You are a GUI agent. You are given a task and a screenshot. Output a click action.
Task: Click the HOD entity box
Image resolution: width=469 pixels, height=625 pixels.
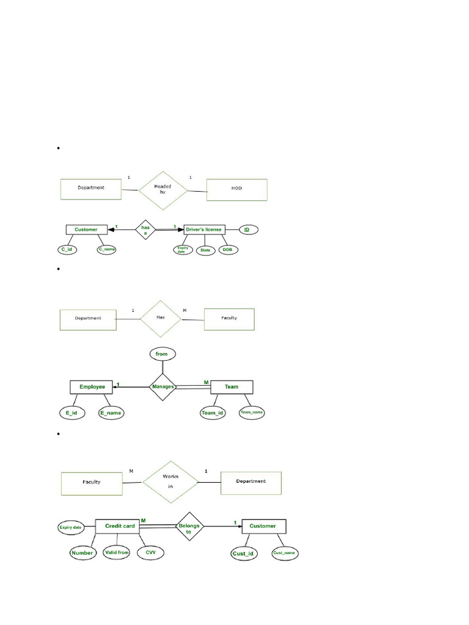coord(237,189)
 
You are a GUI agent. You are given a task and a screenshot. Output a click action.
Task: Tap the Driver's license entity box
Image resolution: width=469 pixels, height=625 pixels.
coord(201,229)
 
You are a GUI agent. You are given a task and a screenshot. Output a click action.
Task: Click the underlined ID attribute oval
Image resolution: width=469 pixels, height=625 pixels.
coord(247,229)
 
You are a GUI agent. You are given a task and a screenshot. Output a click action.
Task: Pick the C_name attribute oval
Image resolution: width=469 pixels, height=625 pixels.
coord(106,250)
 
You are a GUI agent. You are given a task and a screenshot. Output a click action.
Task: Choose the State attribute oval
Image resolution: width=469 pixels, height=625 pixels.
coord(205,250)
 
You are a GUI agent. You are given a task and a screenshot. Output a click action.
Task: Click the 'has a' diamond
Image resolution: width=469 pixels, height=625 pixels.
coord(145,230)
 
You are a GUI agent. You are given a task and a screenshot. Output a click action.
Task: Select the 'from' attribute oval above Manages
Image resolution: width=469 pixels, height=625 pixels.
coord(162,353)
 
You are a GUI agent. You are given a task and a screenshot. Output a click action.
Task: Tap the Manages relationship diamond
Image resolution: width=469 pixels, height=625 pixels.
coord(163,386)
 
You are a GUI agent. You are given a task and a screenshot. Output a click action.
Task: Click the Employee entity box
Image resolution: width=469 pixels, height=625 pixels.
coord(92,386)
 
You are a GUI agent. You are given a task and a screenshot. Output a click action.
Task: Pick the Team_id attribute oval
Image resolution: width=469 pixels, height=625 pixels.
coord(213,413)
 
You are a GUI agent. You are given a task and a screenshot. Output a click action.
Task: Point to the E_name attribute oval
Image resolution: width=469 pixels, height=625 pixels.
coord(111,413)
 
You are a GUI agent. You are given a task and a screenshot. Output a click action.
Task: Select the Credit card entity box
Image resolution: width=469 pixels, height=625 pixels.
coord(120,526)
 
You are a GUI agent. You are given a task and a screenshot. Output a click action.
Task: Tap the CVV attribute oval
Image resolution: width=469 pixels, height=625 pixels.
coord(150,553)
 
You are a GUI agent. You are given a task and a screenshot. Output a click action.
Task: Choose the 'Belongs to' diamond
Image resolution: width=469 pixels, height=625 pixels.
coord(188,526)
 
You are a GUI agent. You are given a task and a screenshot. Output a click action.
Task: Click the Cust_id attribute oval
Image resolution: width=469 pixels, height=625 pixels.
coord(243,554)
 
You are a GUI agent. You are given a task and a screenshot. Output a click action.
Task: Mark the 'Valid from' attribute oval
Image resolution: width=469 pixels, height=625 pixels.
coord(117,553)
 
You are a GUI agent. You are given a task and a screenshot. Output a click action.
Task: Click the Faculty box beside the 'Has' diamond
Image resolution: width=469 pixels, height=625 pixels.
coord(229,319)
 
